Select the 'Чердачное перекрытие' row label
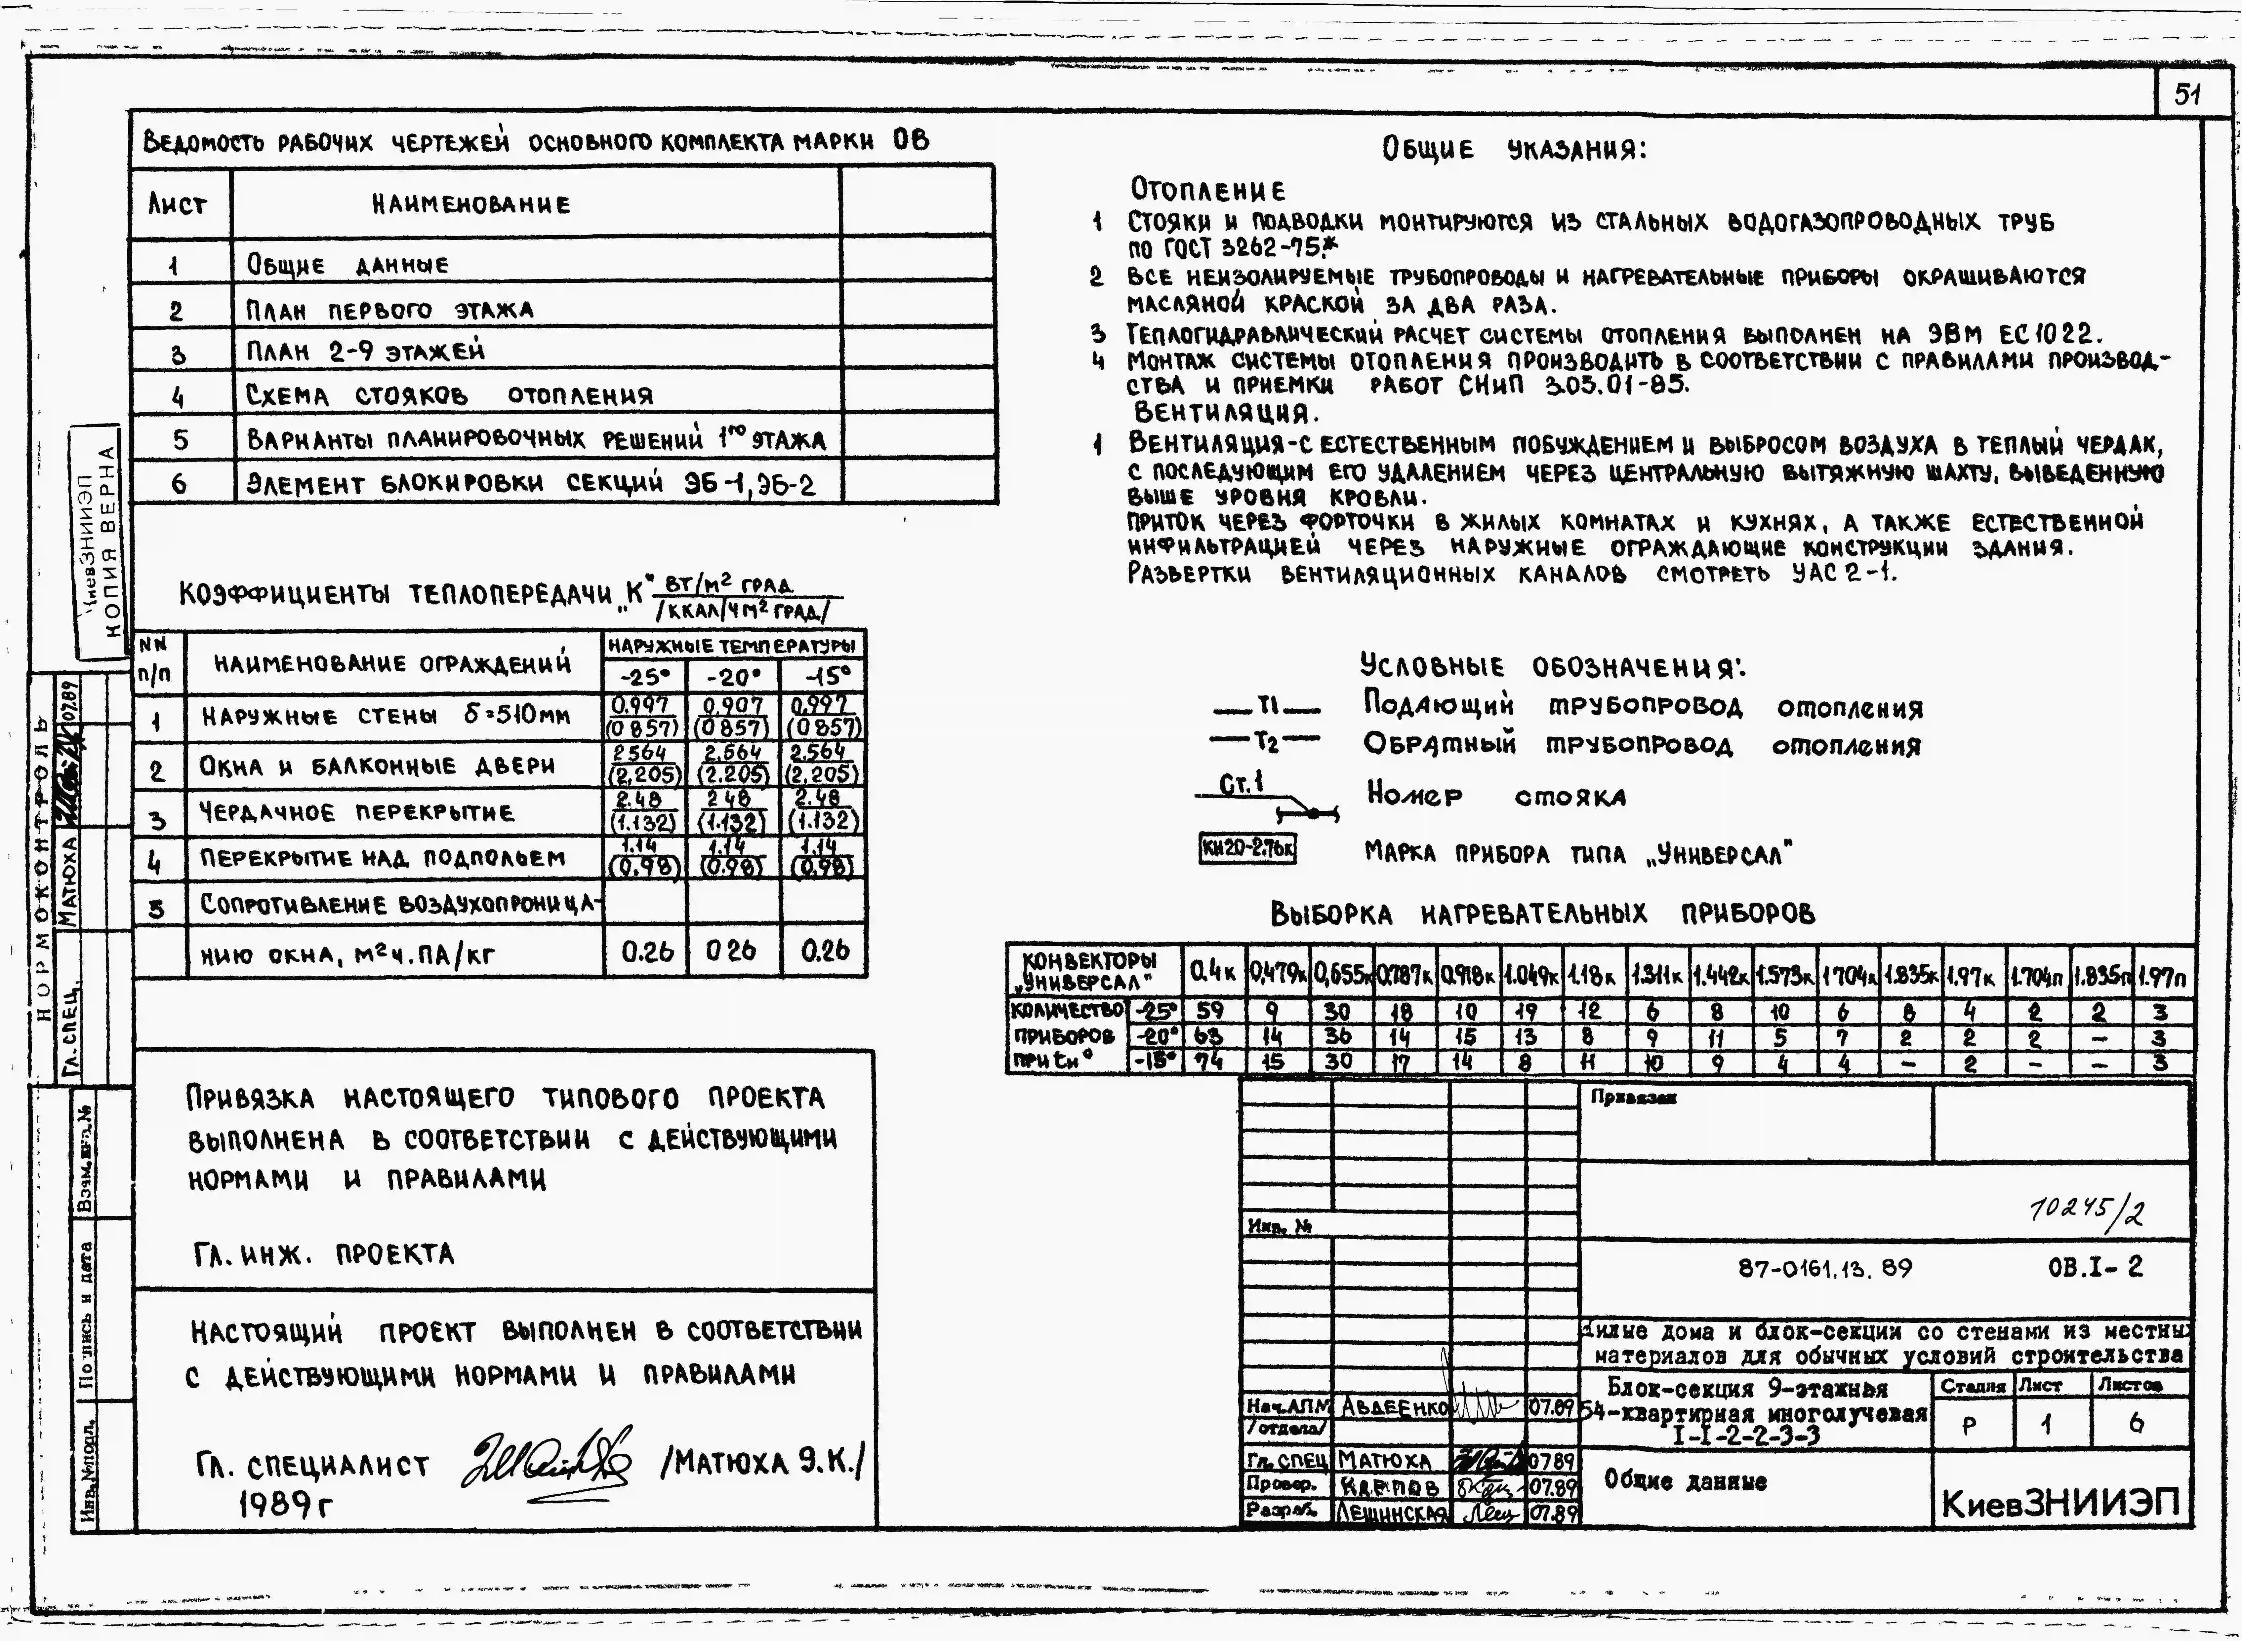coord(356,812)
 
